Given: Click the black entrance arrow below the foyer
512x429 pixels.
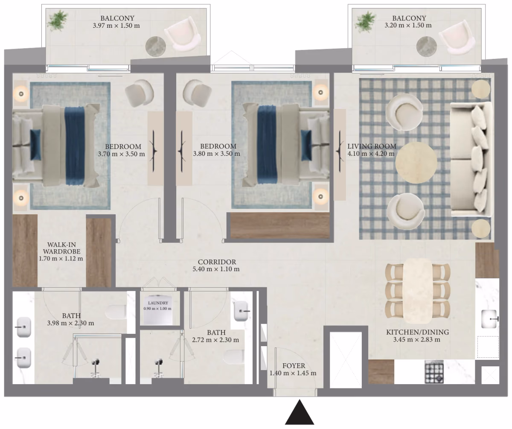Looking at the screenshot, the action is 300,413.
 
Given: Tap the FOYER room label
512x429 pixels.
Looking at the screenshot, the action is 294,366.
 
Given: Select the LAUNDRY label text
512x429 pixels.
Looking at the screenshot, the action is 158,303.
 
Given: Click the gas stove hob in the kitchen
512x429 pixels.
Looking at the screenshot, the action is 434,371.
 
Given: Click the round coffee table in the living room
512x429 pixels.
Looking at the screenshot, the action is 416,162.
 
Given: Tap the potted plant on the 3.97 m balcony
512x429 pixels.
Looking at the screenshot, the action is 58,21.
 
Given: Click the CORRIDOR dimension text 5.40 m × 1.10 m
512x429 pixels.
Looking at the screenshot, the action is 216,269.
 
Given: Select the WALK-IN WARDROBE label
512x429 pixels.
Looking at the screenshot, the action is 61,248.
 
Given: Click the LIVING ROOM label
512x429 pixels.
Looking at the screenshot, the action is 372,146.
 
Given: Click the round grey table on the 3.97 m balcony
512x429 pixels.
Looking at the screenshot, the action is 156,47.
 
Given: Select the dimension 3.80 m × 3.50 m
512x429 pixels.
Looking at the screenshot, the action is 216,154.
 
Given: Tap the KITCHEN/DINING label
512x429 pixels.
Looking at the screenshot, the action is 418,332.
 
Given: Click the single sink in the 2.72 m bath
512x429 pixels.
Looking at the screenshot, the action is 241,311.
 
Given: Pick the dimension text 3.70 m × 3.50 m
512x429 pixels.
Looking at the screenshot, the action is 121,154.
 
